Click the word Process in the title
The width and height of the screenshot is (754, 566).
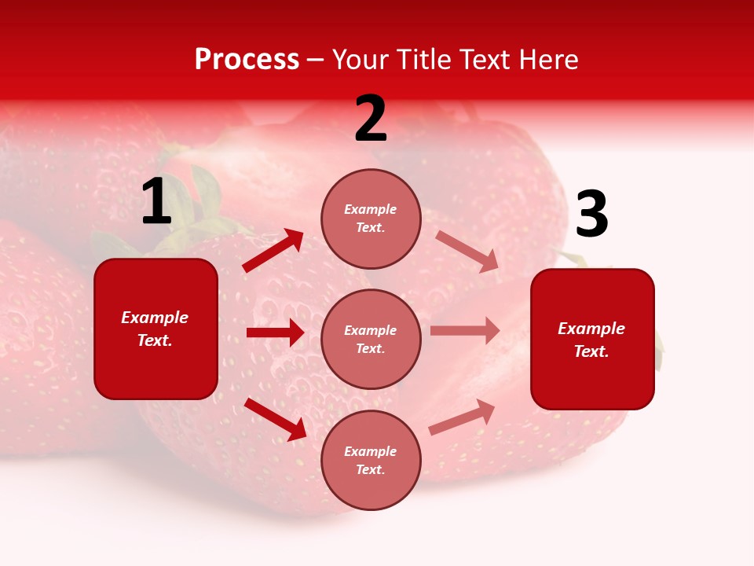tap(247, 60)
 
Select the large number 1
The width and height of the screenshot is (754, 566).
tap(156, 202)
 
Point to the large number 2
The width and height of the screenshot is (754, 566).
tap(371, 119)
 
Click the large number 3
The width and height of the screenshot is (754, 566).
tap(592, 215)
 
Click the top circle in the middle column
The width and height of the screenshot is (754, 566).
tap(371, 219)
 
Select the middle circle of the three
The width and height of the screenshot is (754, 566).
tap(371, 339)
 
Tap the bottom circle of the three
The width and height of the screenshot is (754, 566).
tap(371, 460)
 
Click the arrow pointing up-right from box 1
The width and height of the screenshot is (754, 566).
tap(273, 250)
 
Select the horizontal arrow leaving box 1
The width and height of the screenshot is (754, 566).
tap(275, 333)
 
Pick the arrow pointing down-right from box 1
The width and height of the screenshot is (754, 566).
tap(276, 419)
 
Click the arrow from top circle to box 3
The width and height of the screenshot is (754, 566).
tap(467, 252)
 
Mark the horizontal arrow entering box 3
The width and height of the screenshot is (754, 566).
tap(465, 331)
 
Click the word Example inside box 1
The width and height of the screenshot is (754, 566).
tap(155, 318)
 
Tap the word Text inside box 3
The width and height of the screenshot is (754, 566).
tap(591, 351)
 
